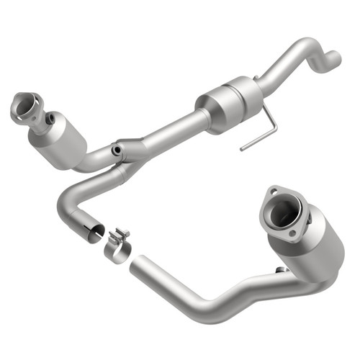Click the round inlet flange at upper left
27,107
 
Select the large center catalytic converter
229,104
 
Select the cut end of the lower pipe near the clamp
134,264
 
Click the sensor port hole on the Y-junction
114,150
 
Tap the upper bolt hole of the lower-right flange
274,192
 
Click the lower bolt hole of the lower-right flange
292,233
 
